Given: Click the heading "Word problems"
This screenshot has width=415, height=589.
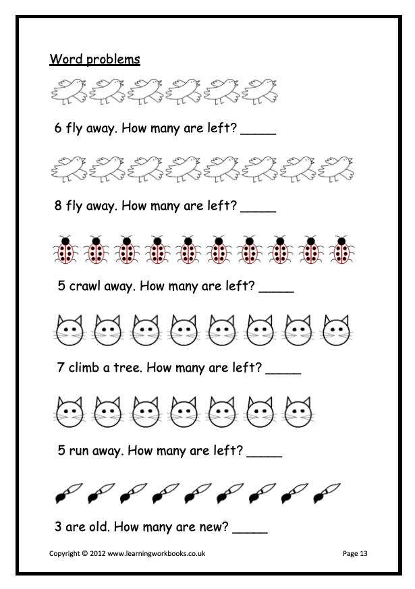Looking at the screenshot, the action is coord(94,59).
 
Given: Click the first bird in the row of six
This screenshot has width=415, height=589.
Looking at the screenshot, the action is coord(69,91).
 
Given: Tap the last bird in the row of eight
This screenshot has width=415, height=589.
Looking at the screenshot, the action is coord(336,168).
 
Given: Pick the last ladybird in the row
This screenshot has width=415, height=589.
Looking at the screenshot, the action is coord(341,250).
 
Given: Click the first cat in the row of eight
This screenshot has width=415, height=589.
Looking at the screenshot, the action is coord(70,331).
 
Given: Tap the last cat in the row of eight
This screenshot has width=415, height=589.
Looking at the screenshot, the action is coord(337,331).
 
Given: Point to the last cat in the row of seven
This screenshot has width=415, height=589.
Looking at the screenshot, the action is coord(299,412).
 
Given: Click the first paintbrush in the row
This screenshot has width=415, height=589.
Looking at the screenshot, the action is coord(69,493).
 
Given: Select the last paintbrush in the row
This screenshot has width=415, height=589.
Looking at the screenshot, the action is coord(327,493).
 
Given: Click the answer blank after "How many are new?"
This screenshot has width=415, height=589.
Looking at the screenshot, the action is coord(250,532).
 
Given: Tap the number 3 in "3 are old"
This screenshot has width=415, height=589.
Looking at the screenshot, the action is coord(58,526).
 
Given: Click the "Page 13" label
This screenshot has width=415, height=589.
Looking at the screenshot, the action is coord(355,553).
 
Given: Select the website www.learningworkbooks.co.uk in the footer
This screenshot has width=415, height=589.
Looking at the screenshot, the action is coord(157,553).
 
